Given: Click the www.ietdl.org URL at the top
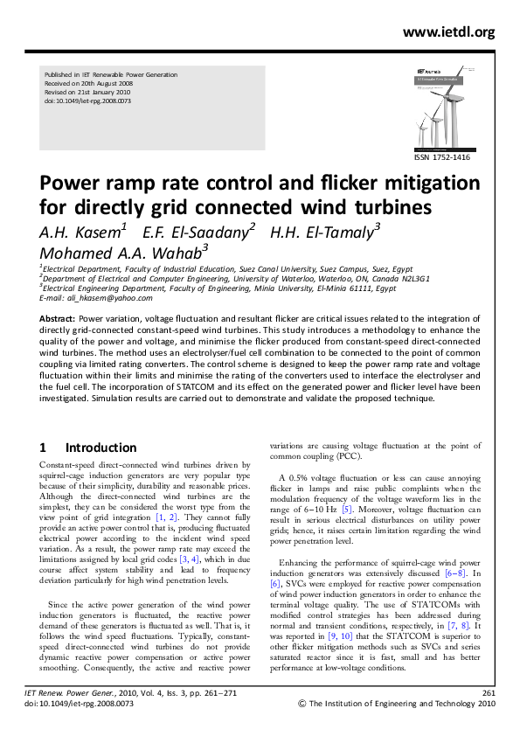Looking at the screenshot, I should coord(448,32).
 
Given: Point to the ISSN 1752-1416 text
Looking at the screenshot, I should coord(442,157).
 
